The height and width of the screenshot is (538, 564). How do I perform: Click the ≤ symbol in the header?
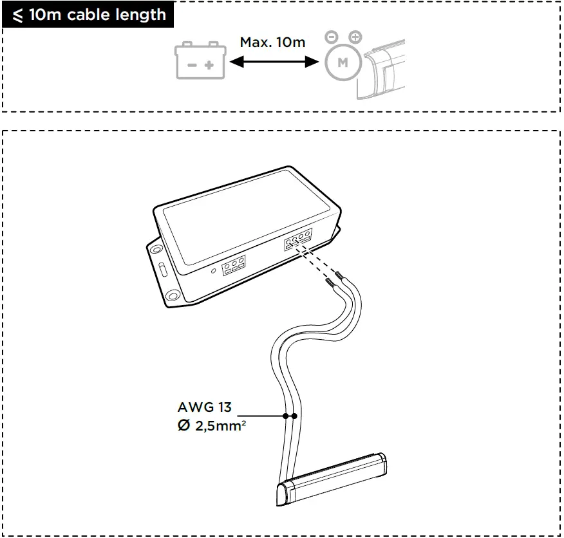17,14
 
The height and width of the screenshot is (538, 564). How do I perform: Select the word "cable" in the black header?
87,14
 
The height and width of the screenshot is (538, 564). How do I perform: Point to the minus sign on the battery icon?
192,66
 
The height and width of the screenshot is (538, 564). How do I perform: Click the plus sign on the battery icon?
209,66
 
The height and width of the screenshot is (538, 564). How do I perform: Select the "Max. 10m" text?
272,42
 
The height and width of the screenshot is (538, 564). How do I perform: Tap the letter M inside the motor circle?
343,63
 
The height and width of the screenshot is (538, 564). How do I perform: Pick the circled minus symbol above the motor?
331,37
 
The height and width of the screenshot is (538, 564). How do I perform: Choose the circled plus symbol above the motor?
355,37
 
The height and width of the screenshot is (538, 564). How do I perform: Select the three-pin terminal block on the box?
234,265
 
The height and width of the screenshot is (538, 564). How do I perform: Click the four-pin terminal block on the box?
298,239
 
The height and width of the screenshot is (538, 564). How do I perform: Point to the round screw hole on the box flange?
173,296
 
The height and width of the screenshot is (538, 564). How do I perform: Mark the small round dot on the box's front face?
214,271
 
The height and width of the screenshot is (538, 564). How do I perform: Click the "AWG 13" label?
204,407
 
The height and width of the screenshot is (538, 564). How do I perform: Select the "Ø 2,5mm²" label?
211,426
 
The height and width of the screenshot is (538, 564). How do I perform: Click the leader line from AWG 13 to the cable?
264,416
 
